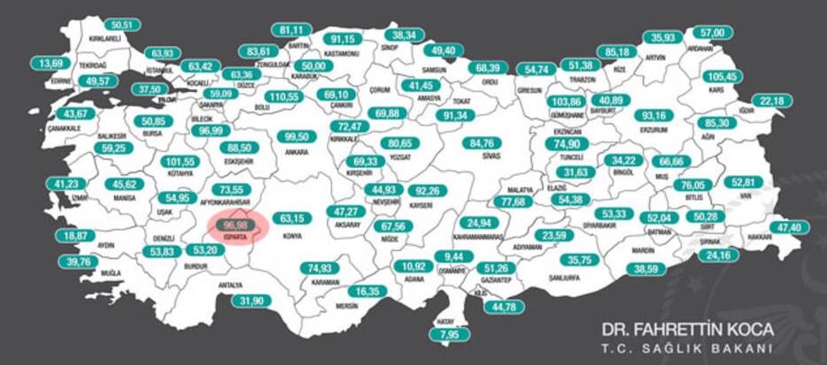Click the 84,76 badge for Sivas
click(x=483, y=143)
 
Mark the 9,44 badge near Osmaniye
click(x=449, y=257)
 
